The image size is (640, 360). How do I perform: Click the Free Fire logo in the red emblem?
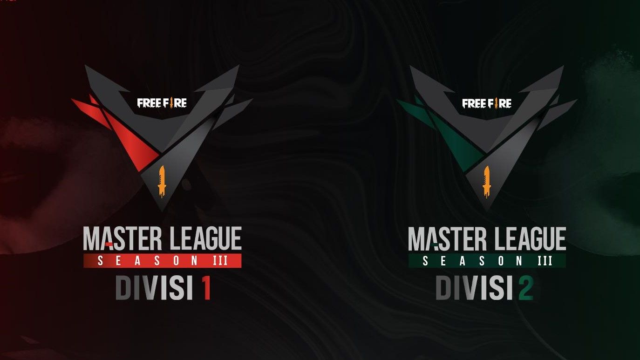pyautogui.click(x=162, y=102)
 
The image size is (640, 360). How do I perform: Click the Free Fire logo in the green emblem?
pyautogui.click(x=487, y=102)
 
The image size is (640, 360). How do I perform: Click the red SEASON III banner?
pyautogui.click(x=162, y=261)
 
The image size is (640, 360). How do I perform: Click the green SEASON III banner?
pyautogui.click(x=487, y=261)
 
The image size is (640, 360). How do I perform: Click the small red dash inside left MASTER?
pyautogui.click(x=108, y=244)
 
